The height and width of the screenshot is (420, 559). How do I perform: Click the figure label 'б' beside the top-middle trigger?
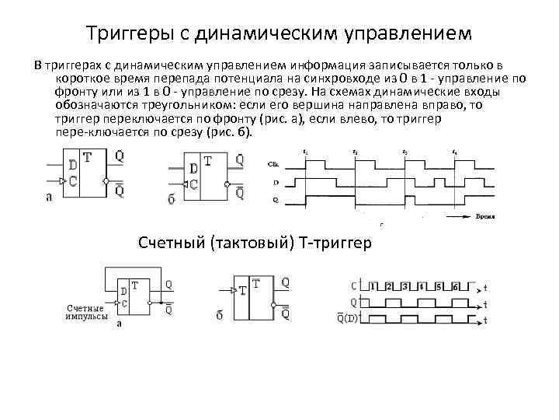(172, 199)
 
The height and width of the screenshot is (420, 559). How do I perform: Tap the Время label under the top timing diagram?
(486, 219)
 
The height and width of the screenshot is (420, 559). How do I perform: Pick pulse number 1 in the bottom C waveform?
(377, 286)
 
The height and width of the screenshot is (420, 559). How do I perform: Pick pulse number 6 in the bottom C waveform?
(457, 286)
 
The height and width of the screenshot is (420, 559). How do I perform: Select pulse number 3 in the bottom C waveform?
(408, 286)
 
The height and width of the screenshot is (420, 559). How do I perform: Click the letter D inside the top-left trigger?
(72, 165)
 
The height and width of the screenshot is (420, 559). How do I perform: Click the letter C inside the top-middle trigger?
(193, 185)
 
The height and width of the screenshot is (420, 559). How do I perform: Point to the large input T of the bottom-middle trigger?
(242, 290)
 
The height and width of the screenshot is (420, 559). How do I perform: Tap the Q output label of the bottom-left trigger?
(168, 285)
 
